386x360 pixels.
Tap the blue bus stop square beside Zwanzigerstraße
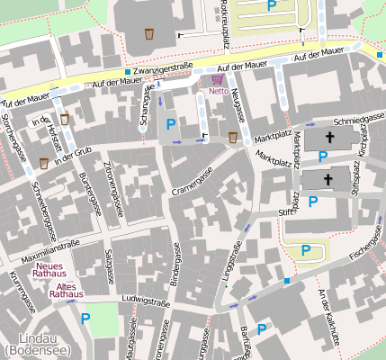[x=129, y=71]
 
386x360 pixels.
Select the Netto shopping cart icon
[x=217, y=79]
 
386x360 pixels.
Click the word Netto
[x=218, y=91]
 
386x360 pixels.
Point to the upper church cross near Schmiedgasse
[x=328, y=139]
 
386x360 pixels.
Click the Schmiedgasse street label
[x=358, y=118]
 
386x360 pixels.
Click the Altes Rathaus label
[x=67, y=289]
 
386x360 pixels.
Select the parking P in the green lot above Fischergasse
[x=306, y=250]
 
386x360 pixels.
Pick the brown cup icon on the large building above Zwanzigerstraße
[x=148, y=34]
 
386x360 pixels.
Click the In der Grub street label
[x=74, y=155]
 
